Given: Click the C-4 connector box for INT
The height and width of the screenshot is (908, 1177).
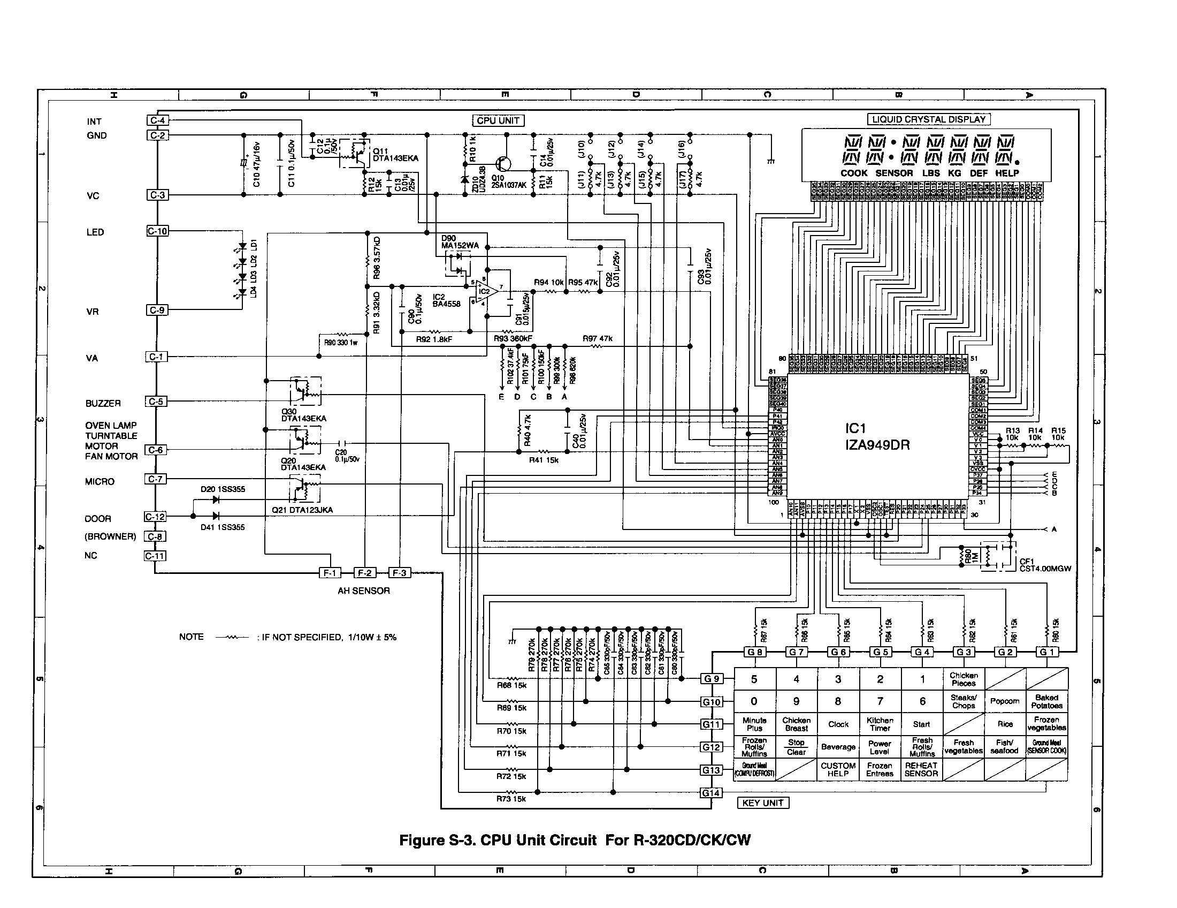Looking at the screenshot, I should [x=157, y=120].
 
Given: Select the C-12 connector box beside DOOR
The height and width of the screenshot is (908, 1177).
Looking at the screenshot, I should [x=155, y=517].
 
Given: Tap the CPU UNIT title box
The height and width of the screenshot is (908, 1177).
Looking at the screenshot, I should [x=498, y=121].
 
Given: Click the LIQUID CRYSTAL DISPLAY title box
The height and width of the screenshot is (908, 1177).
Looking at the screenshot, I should [x=929, y=120].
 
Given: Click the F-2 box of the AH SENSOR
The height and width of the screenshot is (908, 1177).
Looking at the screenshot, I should [x=365, y=573].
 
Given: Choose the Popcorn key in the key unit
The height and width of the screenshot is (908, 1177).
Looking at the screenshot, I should [x=1005, y=701].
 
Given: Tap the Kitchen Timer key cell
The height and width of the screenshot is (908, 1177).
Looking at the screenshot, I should [x=880, y=724].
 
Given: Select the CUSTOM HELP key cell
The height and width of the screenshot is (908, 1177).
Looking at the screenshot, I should [x=838, y=769].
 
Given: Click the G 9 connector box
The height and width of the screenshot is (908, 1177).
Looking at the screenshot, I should [x=712, y=679].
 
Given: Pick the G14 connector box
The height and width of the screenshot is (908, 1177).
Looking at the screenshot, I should [x=711, y=792].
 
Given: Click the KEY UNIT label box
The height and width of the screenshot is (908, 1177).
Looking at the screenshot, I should [x=762, y=803].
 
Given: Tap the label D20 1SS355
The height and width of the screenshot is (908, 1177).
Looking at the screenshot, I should [x=223, y=489].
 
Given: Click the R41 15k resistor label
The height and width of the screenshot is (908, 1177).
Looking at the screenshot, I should [x=543, y=460].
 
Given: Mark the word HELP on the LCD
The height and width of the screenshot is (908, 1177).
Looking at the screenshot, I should [x=1007, y=173].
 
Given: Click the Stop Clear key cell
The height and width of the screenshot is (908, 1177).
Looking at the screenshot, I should [x=796, y=747].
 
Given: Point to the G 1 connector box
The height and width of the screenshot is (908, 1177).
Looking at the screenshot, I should [x=1046, y=652].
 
